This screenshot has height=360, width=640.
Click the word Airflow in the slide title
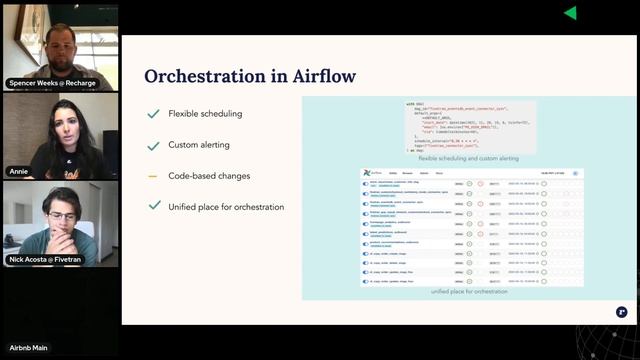point(322,76)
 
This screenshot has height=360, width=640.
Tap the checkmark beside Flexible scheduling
point(153,114)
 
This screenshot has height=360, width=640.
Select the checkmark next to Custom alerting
point(153,145)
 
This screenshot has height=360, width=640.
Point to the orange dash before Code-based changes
point(153,176)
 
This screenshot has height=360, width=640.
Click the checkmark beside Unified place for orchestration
point(153,206)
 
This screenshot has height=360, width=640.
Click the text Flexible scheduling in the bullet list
point(206,114)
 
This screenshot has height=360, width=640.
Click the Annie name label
point(19,171)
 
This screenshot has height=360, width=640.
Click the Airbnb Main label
point(29,347)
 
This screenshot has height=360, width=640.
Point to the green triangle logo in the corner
point(570,13)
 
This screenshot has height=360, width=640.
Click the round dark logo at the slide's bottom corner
point(621,312)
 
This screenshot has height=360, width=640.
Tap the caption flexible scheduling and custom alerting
point(468,158)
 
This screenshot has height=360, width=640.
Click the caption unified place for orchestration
point(469,291)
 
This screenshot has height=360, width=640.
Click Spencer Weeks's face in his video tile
point(59,42)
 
